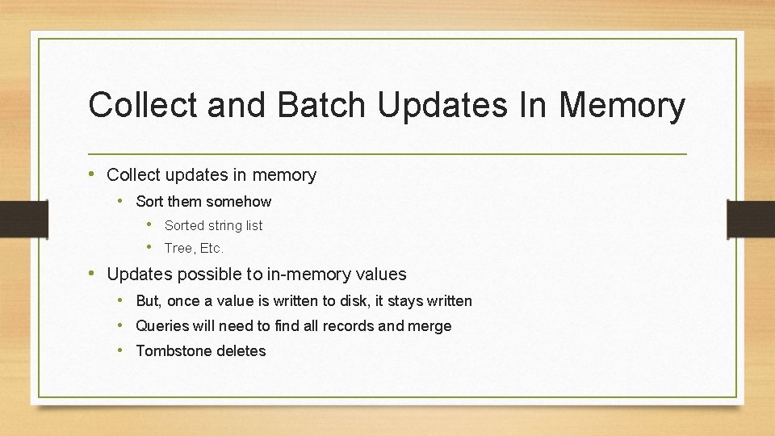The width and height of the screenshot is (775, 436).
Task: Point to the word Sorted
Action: (x=184, y=225)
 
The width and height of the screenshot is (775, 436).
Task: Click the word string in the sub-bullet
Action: (x=225, y=225)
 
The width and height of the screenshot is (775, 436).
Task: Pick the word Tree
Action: (x=178, y=248)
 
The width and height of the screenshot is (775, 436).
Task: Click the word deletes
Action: (x=239, y=350)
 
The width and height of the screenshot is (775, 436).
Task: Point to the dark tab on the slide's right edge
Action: (x=752, y=218)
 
